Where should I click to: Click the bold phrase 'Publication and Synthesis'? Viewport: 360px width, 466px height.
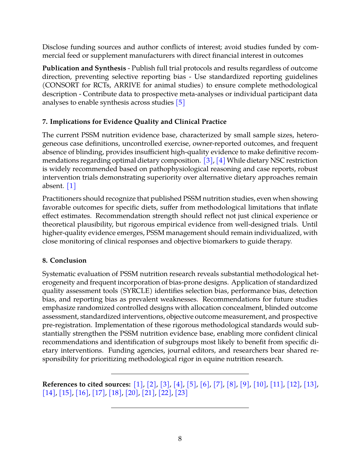(84, 68)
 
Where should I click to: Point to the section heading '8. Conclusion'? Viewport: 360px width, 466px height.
(65, 260)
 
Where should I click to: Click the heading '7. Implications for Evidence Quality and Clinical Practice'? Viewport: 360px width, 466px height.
(134, 122)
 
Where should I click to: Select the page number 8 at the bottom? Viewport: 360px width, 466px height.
(180, 439)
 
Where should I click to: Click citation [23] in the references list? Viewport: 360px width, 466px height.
(181, 393)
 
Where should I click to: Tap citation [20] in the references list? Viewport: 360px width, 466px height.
(132, 393)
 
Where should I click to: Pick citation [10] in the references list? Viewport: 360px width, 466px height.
(260, 384)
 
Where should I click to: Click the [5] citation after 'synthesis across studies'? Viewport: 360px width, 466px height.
(180, 103)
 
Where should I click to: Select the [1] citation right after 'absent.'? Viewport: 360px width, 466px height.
(71, 186)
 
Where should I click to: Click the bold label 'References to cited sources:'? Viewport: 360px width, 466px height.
(86, 384)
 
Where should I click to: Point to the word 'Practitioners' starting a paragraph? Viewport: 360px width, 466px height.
(62, 199)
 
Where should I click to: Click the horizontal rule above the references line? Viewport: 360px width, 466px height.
(180, 374)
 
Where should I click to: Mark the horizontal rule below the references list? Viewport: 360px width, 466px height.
(180, 408)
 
